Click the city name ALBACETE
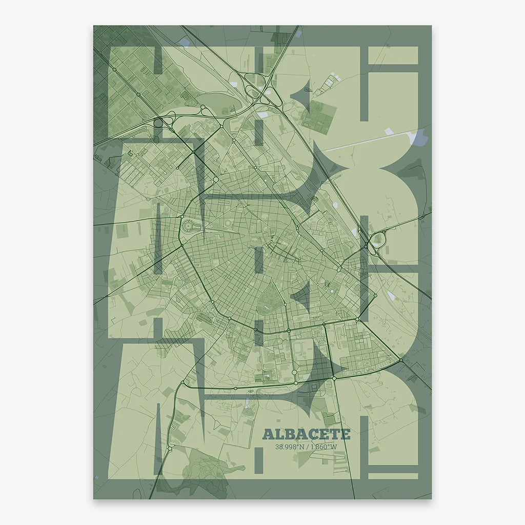pyautogui.click(x=306, y=435)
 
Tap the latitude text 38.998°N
pyautogui.click(x=290, y=447)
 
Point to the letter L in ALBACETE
pyautogui.click(x=276, y=435)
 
